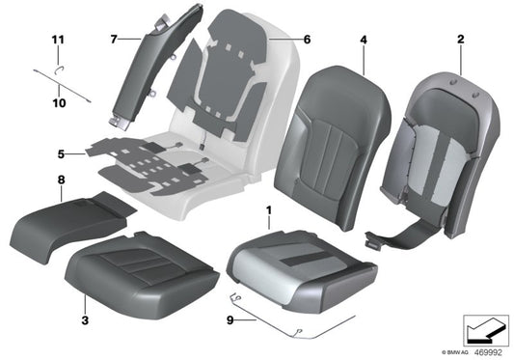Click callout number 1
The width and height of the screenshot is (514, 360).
click(x=269, y=209)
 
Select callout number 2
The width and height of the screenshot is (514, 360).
click(x=460, y=40)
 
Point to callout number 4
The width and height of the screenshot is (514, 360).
click(x=364, y=40)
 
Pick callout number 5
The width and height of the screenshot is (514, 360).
click(x=61, y=153)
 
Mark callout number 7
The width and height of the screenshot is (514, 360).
click(x=113, y=40)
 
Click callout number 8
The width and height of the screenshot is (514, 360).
click(x=61, y=180)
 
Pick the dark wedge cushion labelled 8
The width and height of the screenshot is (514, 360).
click(x=72, y=221)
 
